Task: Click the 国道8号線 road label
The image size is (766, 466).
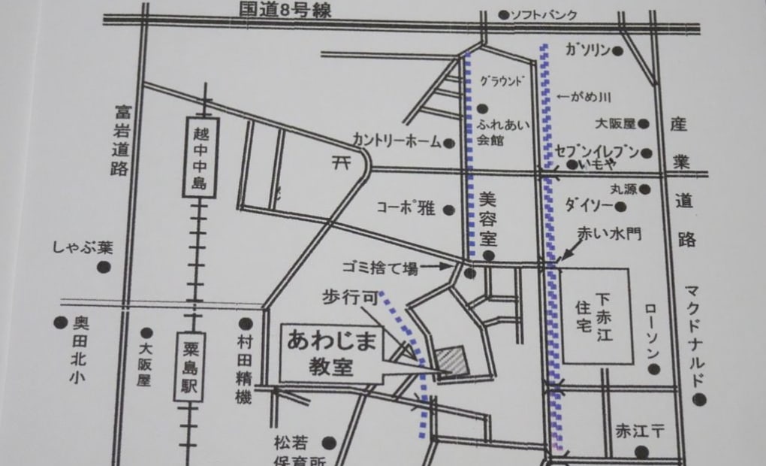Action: tap(285, 10)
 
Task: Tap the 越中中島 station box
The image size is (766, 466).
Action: tap(200, 157)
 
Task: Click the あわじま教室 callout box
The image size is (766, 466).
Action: tap(332, 353)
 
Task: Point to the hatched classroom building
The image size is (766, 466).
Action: tap(452, 359)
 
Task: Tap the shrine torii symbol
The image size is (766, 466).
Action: tap(342, 161)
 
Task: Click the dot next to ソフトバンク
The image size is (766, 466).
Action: tap(502, 14)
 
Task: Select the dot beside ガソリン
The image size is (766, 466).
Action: tap(617, 51)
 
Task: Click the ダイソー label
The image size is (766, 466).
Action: tap(588, 203)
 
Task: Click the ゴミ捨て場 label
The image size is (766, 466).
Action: tap(379, 267)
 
